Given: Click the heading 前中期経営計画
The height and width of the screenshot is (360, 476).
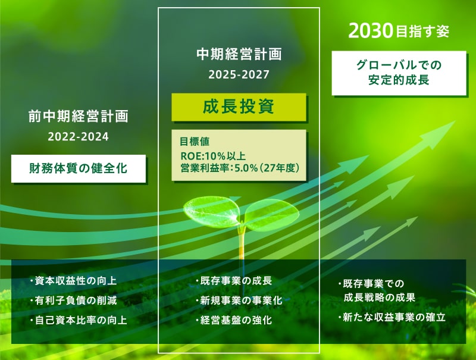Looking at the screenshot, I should tap(78, 115).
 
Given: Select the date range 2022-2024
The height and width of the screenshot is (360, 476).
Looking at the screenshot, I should tap(78, 136).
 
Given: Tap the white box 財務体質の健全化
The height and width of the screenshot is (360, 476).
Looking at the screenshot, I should tap(78, 168).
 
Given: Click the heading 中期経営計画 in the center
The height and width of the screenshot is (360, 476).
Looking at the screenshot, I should tap(239, 55).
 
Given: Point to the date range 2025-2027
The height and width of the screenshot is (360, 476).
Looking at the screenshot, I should tap(239, 75).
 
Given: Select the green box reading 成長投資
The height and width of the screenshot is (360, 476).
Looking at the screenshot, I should tap(239, 108).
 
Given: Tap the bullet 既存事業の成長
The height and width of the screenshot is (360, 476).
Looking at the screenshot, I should tap(233, 281).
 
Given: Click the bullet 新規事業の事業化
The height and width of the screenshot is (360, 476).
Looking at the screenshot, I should tap(238, 300).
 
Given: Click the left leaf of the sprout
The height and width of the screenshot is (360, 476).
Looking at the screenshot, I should tap(211, 208).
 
